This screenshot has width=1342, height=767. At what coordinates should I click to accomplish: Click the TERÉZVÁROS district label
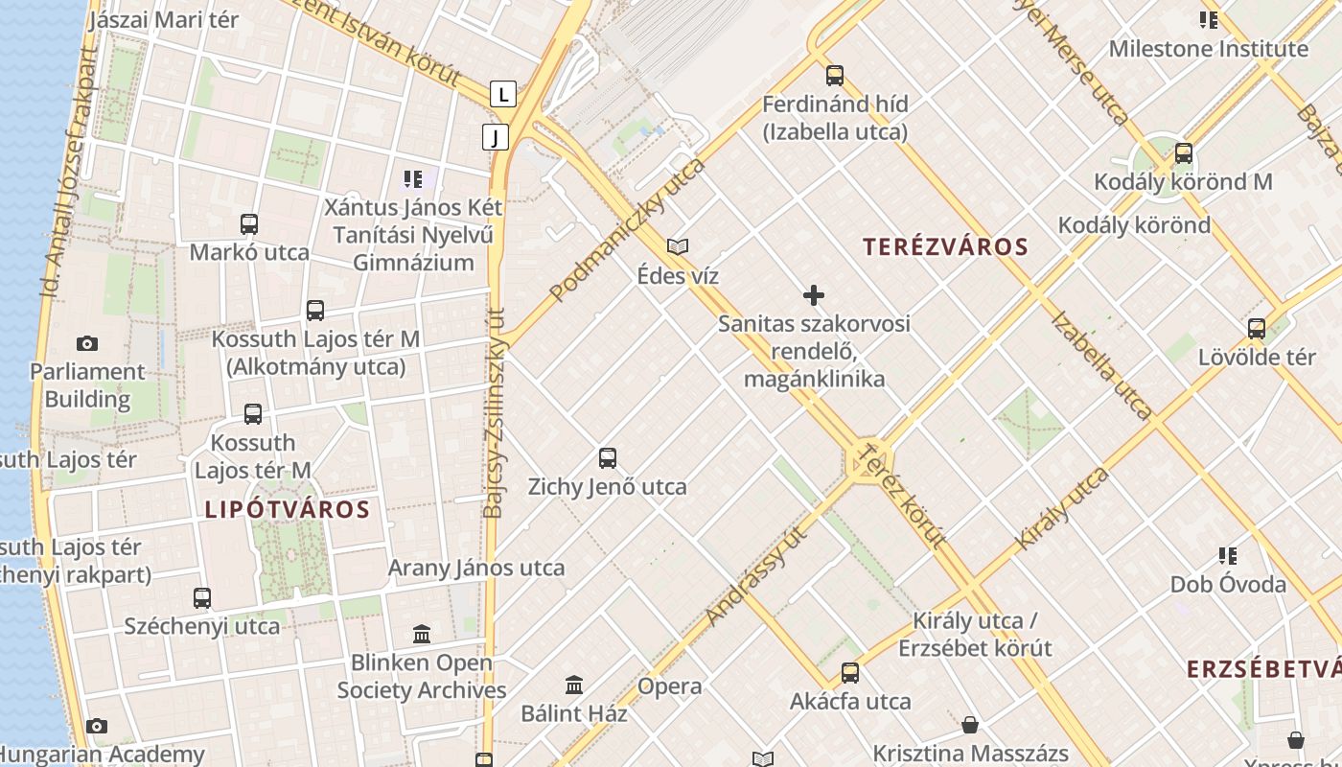[x=945, y=247]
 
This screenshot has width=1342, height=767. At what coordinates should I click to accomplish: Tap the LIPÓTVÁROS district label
[x=287, y=509]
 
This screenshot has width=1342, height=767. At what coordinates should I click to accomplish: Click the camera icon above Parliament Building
[x=87, y=343]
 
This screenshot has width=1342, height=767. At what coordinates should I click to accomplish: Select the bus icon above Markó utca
[x=249, y=224]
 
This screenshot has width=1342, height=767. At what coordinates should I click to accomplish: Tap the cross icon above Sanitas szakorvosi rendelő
[x=814, y=295]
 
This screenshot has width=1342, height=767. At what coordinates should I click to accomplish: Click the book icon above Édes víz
[x=678, y=247]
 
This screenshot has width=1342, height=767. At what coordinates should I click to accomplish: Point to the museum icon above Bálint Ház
[x=574, y=685]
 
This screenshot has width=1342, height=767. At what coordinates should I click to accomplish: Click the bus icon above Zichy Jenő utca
[x=608, y=458]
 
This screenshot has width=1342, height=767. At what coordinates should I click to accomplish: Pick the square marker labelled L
[x=503, y=94]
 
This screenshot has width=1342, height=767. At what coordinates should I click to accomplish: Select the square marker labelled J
[x=495, y=137]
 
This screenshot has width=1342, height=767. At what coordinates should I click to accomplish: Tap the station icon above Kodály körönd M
[x=1184, y=153]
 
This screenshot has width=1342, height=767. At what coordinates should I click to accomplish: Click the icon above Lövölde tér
[x=1257, y=329]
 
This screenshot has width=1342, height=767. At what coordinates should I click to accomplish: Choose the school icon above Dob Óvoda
[x=1228, y=556]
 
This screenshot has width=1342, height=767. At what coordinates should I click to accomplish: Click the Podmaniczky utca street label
[x=628, y=230]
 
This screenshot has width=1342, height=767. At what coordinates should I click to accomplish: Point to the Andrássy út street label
[x=756, y=576]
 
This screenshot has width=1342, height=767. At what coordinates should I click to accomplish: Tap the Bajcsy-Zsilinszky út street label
[x=494, y=412]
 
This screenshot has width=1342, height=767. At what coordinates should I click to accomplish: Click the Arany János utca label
[x=476, y=568]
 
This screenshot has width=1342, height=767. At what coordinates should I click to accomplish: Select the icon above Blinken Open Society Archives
[x=422, y=634]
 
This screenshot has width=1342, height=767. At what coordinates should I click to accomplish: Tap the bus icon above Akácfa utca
[x=850, y=673]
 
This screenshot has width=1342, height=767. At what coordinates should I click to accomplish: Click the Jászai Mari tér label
[x=163, y=19]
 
